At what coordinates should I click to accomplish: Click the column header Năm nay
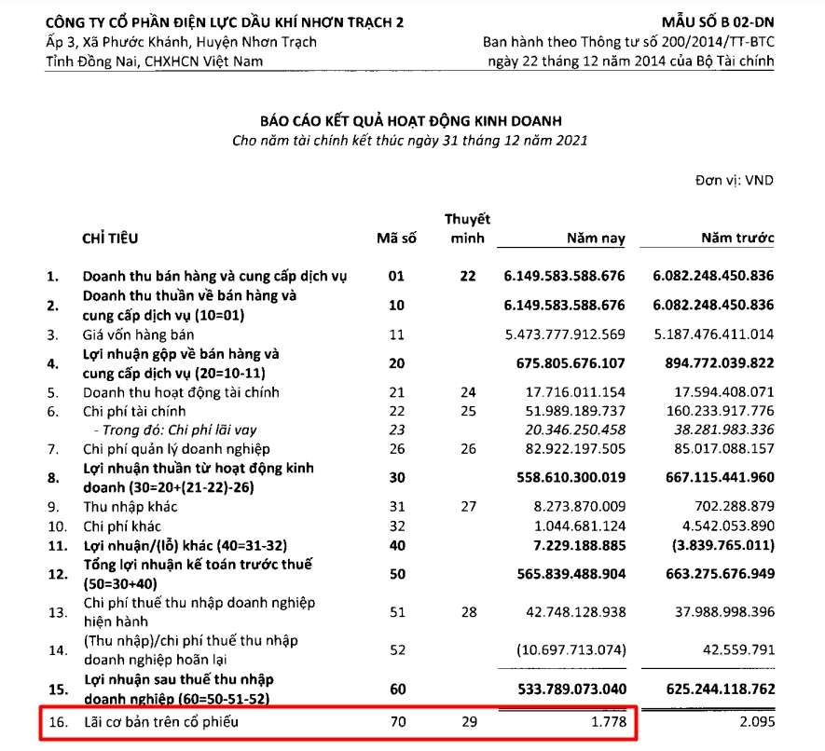coord(597,239)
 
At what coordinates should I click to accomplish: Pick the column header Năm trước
coord(737,239)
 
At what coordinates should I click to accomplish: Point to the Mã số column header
coord(395,239)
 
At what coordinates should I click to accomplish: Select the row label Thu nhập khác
coord(130,508)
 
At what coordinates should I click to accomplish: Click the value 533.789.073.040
coord(564,690)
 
